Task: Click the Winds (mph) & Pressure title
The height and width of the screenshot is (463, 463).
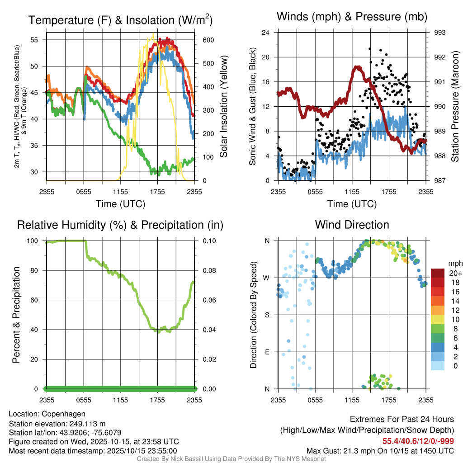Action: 352,17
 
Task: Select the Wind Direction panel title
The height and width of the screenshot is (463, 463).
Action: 352,225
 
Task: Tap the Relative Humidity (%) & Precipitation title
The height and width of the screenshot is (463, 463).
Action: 120,225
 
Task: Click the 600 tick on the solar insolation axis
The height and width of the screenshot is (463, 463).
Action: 208,40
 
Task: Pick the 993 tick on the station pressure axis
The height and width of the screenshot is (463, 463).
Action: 439,33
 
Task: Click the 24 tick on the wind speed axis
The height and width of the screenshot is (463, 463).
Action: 266,33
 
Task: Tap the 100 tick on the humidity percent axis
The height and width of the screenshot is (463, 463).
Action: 37,241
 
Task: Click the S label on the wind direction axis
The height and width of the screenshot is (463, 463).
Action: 267,315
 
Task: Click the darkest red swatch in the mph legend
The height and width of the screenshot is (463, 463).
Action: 438,273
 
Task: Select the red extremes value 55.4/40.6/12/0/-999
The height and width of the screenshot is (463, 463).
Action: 418,441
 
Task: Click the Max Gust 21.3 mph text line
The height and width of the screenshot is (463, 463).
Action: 380,450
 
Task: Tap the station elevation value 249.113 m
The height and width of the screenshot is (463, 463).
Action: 87,423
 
